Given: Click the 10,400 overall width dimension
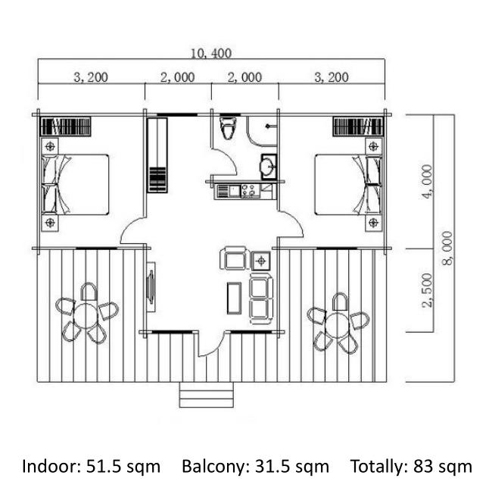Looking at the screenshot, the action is pos(211,53).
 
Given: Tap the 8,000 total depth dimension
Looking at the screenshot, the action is pos(447,248).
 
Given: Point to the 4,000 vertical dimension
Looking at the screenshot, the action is pos(426,182).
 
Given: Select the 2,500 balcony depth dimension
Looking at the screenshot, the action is pos(426,290).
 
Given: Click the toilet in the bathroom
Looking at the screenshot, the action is pos(227,128).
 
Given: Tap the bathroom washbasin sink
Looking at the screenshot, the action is pos(269,167).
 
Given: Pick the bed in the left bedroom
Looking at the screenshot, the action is pos(76,184).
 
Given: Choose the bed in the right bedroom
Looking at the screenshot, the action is pos(347,184).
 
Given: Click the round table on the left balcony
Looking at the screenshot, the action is pos(86,316).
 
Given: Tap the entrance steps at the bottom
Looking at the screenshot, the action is pos(207,395).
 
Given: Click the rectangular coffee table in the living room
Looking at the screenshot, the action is pos(234,298).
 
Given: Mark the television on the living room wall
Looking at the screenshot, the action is pos(151,287).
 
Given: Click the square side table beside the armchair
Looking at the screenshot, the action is pos(261,261).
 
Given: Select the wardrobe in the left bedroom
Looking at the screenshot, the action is pos(66,127).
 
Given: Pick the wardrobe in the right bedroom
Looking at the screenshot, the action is pos(358,127).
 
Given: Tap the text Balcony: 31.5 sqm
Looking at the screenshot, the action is pos(256,466).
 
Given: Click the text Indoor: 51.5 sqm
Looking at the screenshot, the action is pos(91,466).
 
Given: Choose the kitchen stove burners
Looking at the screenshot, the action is pos(248,191).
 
